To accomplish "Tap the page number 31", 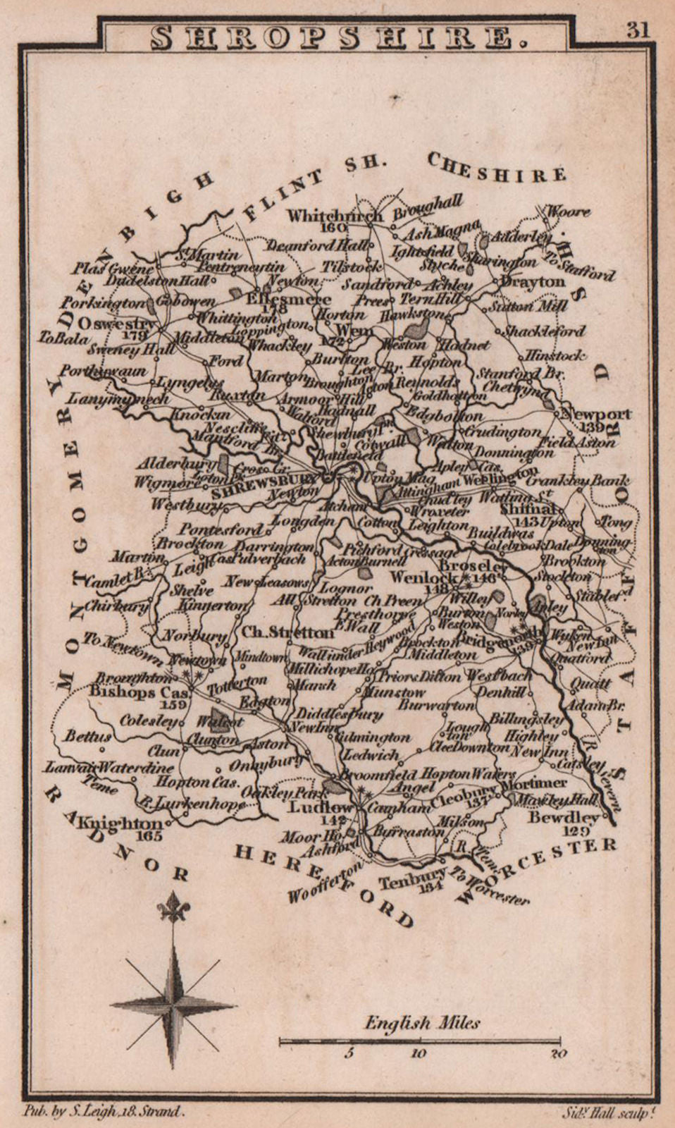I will click(x=639, y=30).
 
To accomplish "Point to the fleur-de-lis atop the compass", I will click(x=173, y=908).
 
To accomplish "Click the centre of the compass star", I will click(x=173, y=1002).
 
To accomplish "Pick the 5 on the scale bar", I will click(x=348, y=1054).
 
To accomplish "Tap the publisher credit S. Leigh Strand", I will click(x=104, y=1112).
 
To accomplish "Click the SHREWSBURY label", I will click(x=264, y=487).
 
